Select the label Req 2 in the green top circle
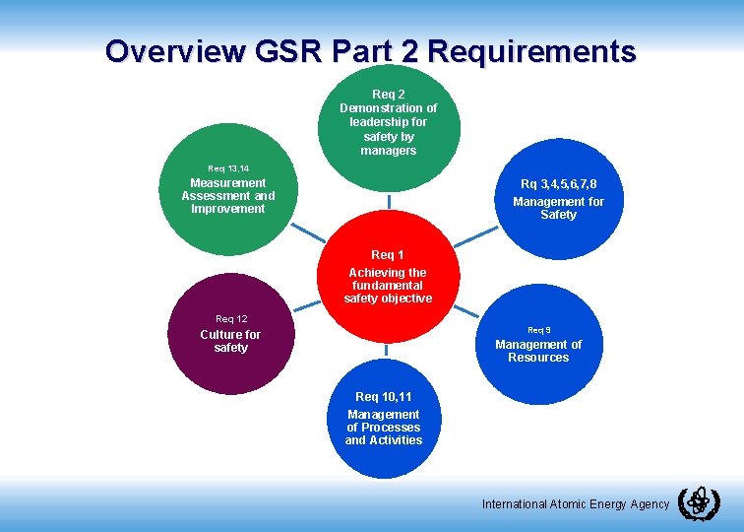click(388, 94)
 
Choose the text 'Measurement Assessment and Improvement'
click(228, 195)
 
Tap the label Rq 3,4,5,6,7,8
click(558, 184)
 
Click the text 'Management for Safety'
click(558, 208)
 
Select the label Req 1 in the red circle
click(388, 255)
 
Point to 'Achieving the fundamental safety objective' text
click(388, 285)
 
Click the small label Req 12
click(231, 318)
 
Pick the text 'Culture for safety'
click(230, 341)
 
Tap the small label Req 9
click(538, 329)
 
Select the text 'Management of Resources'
click(538, 351)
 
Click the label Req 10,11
click(384, 397)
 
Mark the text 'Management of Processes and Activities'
click(384, 428)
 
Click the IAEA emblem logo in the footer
click(699, 502)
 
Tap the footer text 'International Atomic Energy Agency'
click(575, 504)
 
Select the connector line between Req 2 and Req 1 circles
click(388, 201)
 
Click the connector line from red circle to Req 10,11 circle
click(386, 352)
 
